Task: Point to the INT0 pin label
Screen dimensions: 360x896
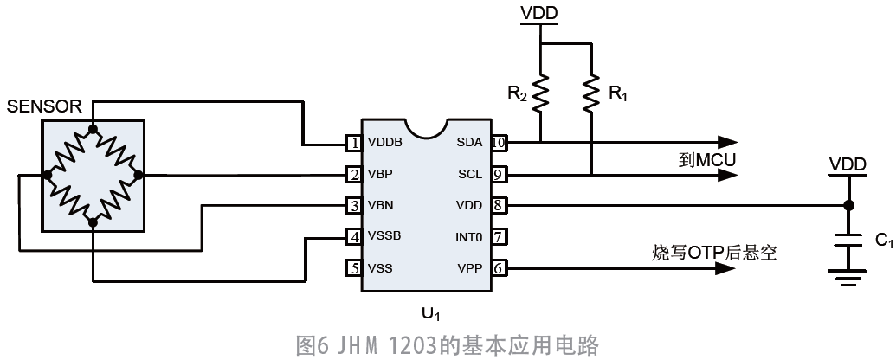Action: click(468, 236)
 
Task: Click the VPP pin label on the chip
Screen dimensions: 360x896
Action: click(469, 268)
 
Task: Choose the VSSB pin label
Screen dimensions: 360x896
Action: click(384, 236)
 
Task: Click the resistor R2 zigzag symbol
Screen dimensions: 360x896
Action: click(539, 93)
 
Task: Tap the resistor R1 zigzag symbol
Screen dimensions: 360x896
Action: click(590, 93)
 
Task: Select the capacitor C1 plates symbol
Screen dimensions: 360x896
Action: click(849, 243)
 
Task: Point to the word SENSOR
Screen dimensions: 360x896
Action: click(44, 106)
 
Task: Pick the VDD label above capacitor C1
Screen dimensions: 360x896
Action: click(848, 164)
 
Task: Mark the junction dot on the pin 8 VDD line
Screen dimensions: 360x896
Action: click(849, 206)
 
